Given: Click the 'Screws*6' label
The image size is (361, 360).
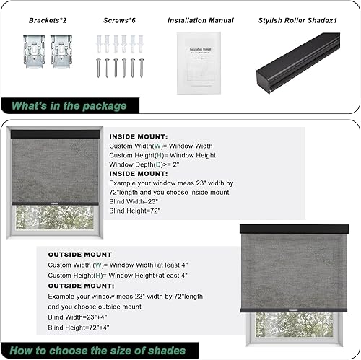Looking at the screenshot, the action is pyautogui.click(x=117, y=21).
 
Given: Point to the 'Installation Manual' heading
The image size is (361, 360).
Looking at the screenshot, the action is pyautogui.click(x=196, y=21).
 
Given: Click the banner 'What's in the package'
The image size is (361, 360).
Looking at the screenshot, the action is pyautogui.click(x=69, y=106).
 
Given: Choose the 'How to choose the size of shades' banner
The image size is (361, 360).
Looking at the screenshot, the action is pyautogui.click(x=98, y=351).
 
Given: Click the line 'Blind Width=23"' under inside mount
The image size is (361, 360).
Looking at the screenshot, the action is pyautogui.click(x=135, y=203).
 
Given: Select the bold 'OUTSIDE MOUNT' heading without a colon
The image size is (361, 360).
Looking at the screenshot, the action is pyautogui.click(x=80, y=255).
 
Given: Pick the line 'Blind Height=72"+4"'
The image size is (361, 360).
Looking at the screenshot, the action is pyautogui.click(x=80, y=328).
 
